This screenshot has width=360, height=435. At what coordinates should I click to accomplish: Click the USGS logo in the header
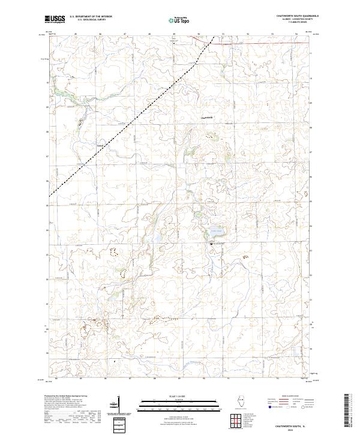[x=55, y=20]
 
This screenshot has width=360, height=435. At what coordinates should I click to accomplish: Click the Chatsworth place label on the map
[x=206, y=117]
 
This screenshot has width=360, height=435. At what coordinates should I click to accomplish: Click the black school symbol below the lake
[x=211, y=244]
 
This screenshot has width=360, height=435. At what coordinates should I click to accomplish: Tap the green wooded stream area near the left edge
[x=60, y=93]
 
